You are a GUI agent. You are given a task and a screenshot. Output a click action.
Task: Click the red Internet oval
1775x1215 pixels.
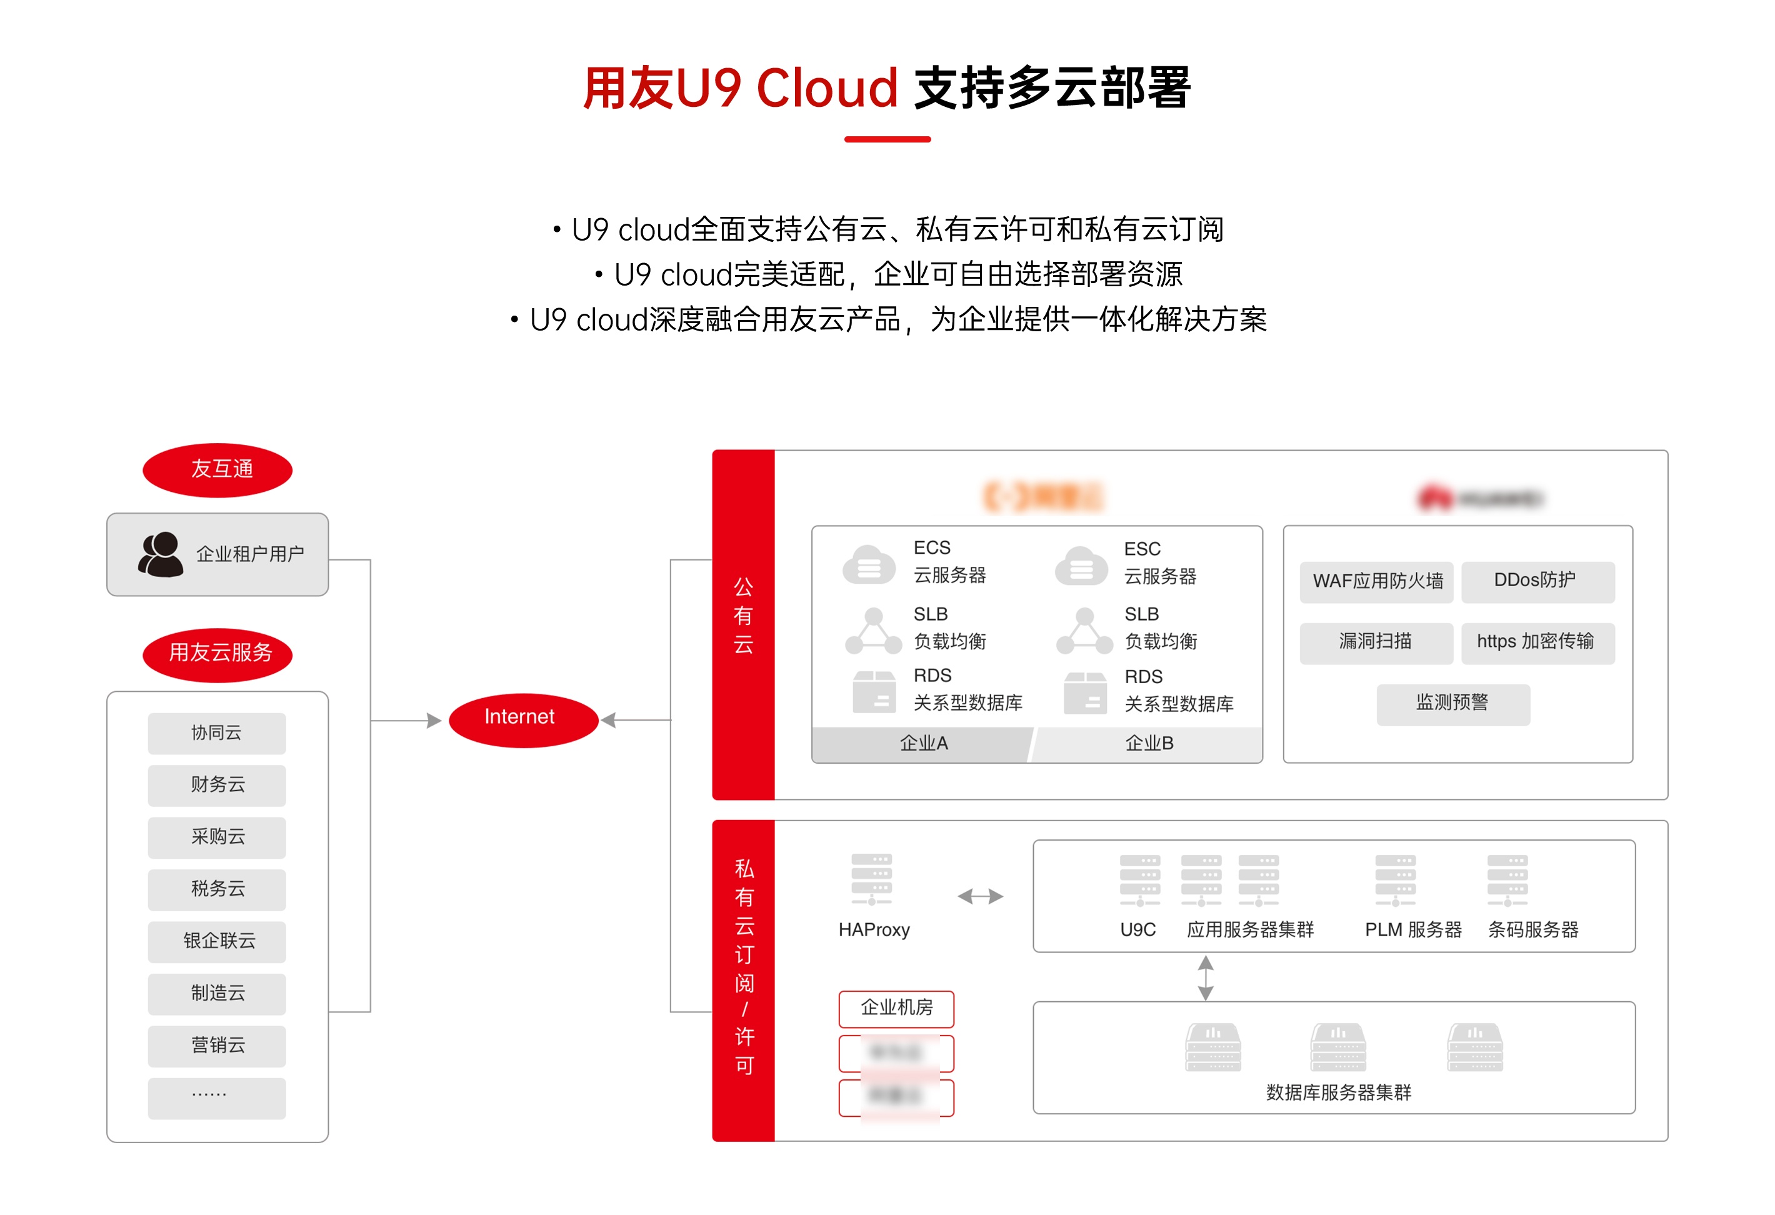tap(522, 719)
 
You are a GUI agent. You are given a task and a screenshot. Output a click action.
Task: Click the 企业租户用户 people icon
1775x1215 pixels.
tap(161, 555)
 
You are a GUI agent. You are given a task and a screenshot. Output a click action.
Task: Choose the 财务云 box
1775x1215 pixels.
tap(217, 785)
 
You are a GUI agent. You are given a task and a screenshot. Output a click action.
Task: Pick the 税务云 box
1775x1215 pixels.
tap(217, 889)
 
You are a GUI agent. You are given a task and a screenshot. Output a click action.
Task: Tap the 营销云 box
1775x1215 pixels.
tap(217, 1046)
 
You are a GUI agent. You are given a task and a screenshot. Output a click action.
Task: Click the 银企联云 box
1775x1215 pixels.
tap(217, 941)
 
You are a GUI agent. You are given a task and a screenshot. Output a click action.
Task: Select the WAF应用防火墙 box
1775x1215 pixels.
tap(1376, 582)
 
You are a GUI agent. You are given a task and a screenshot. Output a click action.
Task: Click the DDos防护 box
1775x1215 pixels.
tap(1537, 581)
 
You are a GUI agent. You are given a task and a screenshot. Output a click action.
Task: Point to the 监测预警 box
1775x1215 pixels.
tap(1452, 703)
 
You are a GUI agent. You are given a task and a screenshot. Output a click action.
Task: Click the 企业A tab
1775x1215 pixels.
tap(922, 744)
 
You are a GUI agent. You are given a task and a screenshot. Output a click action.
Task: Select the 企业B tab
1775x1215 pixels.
tap(1149, 744)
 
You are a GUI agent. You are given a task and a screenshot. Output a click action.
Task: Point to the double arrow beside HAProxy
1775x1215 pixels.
tap(980, 896)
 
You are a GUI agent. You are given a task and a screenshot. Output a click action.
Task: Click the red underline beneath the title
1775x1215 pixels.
tap(887, 139)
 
